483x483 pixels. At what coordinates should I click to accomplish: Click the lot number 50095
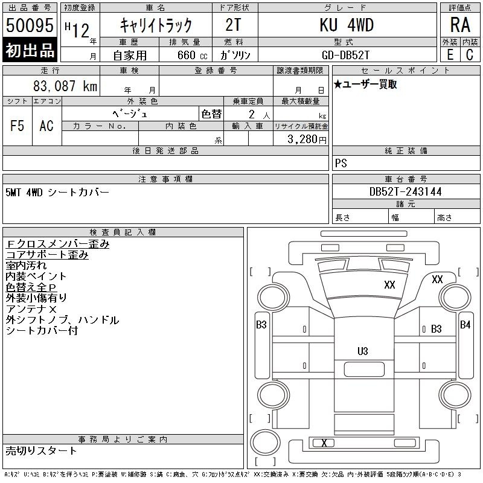point(30,25)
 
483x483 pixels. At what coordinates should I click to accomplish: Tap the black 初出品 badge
point(30,50)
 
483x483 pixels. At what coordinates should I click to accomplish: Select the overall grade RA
point(460,25)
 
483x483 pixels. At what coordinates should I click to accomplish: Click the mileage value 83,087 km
point(65,86)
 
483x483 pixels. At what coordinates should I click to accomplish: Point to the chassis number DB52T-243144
point(405,191)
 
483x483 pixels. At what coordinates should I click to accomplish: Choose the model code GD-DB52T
point(345,55)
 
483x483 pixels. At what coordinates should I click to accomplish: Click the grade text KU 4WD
point(347,25)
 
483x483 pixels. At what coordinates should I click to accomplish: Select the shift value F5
point(18,126)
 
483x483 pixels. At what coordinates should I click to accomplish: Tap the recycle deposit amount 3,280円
point(307,139)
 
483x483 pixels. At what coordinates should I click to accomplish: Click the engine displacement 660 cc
point(192,55)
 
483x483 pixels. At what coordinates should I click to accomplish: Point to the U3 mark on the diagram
point(363,351)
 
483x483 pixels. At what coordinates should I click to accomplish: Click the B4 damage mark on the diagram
point(465,324)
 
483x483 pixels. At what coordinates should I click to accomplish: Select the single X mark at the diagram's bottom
point(324,443)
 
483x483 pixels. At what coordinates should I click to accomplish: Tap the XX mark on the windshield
point(389,284)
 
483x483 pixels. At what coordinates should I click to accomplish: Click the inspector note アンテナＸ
point(31,309)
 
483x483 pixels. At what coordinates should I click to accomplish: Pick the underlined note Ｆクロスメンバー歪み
point(57,244)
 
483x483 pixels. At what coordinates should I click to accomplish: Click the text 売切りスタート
point(41,450)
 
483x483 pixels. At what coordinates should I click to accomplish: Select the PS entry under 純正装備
point(341,163)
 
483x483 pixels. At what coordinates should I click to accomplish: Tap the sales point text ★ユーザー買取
point(365,85)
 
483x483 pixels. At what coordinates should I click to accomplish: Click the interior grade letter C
point(470,55)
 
